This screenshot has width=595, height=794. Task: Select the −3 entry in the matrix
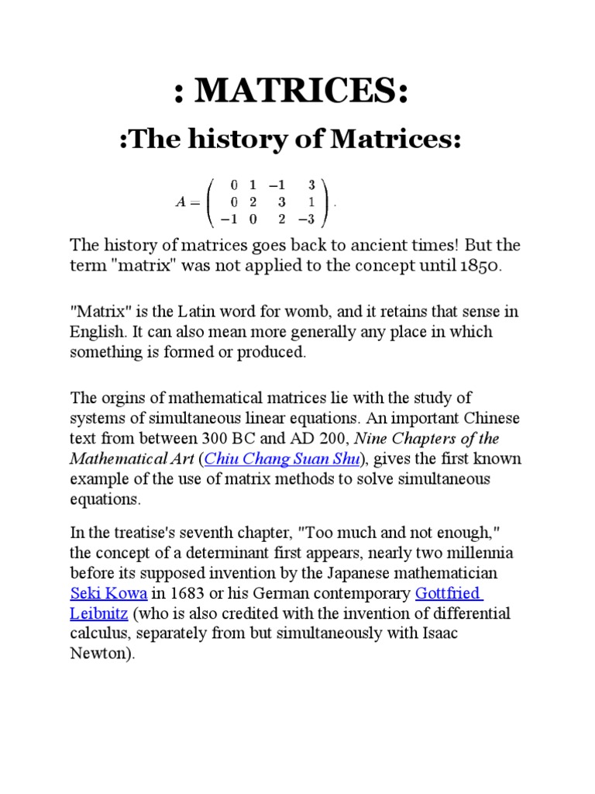[308, 219]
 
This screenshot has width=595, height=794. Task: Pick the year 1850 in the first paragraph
[479, 266]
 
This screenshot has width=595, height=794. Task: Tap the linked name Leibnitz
[98, 614]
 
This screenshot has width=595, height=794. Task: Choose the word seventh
[207, 533]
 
